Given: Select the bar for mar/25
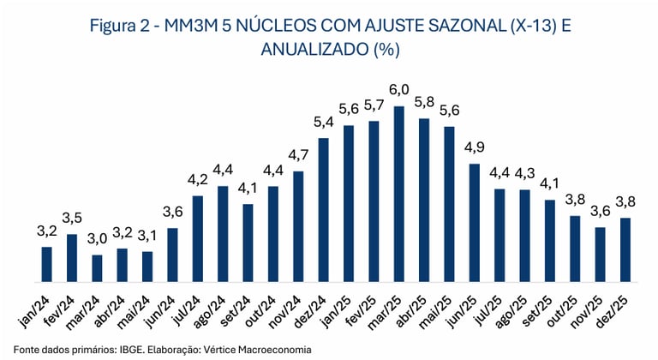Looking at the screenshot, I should pyautogui.click(x=398, y=195).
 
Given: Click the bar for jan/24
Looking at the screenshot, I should pyautogui.click(x=47, y=265).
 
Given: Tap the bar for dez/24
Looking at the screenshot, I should pyautogui.click(x=323, y=210).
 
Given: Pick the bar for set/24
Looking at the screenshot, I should pyautogui.click(x=248, y=243).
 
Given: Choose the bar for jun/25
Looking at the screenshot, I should pyautogui.click(x=474, y=223).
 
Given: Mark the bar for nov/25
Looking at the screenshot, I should pyautogui.click(x=600, y=255).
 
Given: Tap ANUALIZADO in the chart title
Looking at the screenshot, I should pyautogui.click(x=306, y=50).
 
